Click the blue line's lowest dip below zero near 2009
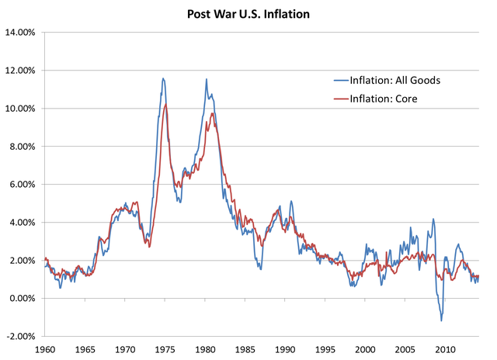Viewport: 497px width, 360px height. (441, 320)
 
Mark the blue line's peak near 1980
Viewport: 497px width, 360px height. (206, 79)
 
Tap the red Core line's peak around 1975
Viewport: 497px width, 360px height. (165, 104)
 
